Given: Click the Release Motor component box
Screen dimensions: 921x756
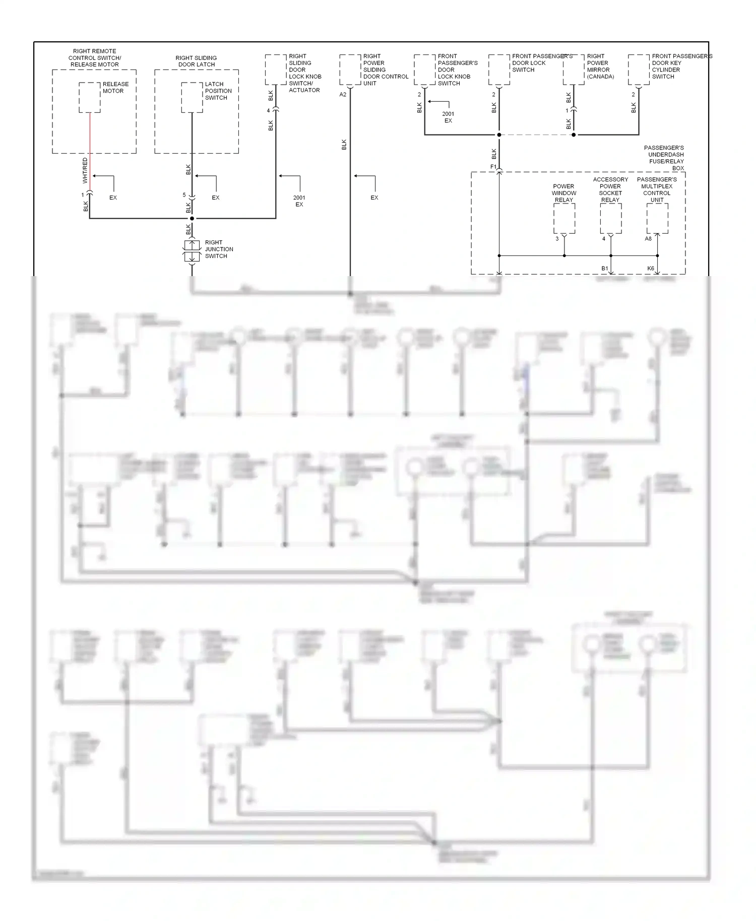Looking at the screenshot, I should pos(90,97).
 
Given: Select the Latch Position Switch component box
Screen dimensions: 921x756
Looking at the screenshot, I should pos(192,97).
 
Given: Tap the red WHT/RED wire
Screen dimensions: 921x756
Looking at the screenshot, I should pos(90,151).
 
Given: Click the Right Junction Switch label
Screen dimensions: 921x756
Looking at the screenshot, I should pos(219,249).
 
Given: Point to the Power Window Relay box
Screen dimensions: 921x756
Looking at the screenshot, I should pos(564,219).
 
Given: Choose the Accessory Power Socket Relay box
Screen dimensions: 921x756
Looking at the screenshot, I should pos(610,219).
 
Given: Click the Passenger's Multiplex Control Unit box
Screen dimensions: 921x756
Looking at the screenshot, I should pos(657,219).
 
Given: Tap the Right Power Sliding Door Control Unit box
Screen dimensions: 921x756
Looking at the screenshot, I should pos(350,70).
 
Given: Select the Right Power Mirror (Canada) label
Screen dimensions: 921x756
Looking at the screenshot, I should pos(600,67).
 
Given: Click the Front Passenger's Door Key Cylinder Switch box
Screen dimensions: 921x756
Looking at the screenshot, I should pos(639,70).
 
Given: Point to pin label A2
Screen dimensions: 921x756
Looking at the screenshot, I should pos(343,94).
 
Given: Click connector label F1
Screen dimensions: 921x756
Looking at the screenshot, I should pos(493,167).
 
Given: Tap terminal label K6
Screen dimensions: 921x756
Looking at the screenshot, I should pos(651,269).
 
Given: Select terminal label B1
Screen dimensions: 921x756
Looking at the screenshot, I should pos(604,269).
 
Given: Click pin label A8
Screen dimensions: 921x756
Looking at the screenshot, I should pos(648,239).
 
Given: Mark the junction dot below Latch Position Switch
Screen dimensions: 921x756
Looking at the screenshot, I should pos(192,219).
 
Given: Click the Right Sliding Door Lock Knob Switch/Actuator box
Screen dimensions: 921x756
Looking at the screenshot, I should pos(276,70).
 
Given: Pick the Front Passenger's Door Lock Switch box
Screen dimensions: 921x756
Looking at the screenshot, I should pos(499,70).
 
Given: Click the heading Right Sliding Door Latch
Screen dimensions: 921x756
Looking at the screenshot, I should pos(196,61).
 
